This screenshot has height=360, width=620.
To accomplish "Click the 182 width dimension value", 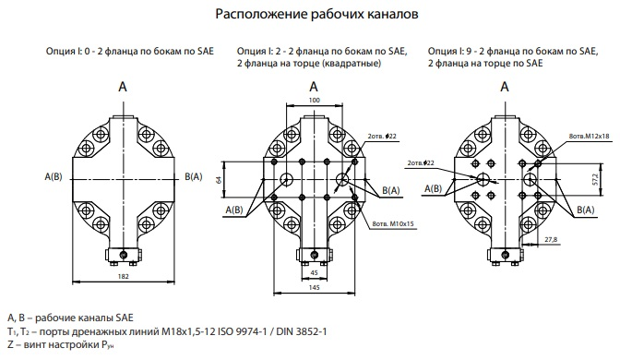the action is (124, 276).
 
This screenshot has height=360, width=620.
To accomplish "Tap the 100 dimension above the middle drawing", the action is (314, 100).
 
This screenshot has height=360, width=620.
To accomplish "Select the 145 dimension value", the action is (314, 288).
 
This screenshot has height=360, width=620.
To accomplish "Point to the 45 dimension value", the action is (314, 272).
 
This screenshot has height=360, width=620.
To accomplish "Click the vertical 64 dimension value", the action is (219, 180).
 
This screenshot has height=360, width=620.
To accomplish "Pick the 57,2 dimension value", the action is (608, 179).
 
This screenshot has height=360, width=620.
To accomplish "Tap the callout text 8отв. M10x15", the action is (393, 224).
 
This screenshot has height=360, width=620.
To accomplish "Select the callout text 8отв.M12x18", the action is (590, 136).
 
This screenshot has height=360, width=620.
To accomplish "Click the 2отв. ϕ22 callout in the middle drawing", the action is (382, 136).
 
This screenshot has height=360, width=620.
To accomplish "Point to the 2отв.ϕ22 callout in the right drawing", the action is (421, 163).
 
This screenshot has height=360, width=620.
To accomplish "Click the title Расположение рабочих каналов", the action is (316, 14).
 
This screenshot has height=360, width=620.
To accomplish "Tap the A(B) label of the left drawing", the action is (54, 177).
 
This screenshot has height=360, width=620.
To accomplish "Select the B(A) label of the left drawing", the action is (194, 177).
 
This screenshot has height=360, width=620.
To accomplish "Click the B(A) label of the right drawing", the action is (585, 210).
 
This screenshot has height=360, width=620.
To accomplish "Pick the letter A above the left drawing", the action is (123, 87).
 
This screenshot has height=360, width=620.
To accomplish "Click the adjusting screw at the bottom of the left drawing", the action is (124, 254).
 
